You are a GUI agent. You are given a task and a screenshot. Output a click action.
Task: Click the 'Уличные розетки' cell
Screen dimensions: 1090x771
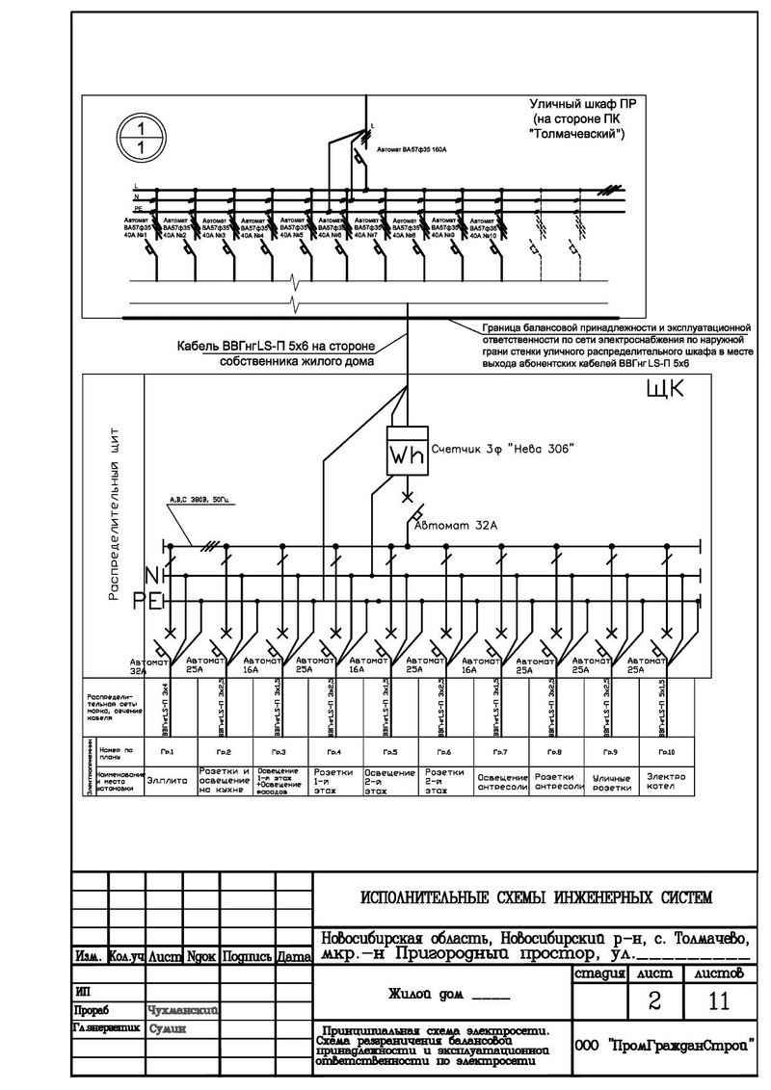611,781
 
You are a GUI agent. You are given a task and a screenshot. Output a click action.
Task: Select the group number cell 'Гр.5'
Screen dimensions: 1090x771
389,751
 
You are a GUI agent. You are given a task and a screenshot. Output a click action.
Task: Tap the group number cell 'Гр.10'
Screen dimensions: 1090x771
666,751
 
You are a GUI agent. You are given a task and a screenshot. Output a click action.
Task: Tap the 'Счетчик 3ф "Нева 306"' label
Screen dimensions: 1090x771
503,449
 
